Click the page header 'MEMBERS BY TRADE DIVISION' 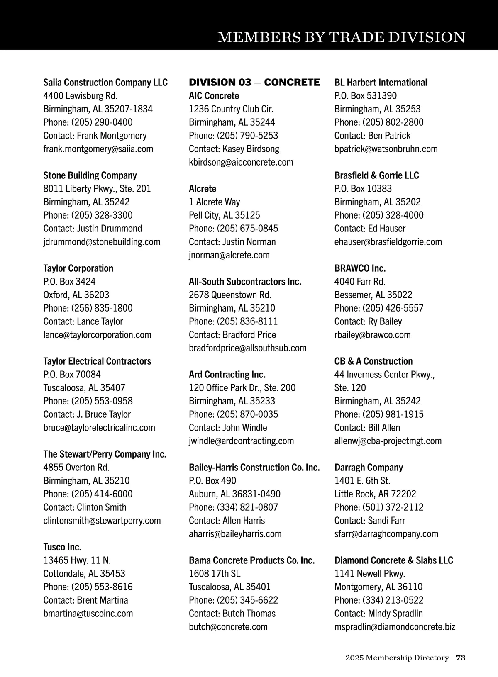(x=341, y=37)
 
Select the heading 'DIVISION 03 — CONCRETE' (x=254, y=83)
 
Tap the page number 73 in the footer (x=460, y=658)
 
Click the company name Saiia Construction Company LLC (x=105, y=83)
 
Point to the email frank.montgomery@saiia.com (x=98, y=149)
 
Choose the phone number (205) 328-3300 (x=88, y=215)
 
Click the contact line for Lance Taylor (x=83, y=321)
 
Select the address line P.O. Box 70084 (x=72, y=375)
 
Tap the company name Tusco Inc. (x=62, y=547)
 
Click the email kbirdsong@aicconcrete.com (x=241, y=162)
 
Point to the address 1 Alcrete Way (x=214, y=202)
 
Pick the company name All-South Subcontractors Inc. (x=245, y=282)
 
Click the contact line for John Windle (x=228, y=428)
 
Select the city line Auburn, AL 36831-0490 (x=234, y=494)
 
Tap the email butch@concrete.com (x=228, y=627)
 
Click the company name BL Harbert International (x=381, y=83)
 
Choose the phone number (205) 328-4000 (x=379, y=215)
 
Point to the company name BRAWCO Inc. (x=360, y=268)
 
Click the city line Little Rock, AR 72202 (x=375, y=494)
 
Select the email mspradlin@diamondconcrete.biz (x=395, y=627)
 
